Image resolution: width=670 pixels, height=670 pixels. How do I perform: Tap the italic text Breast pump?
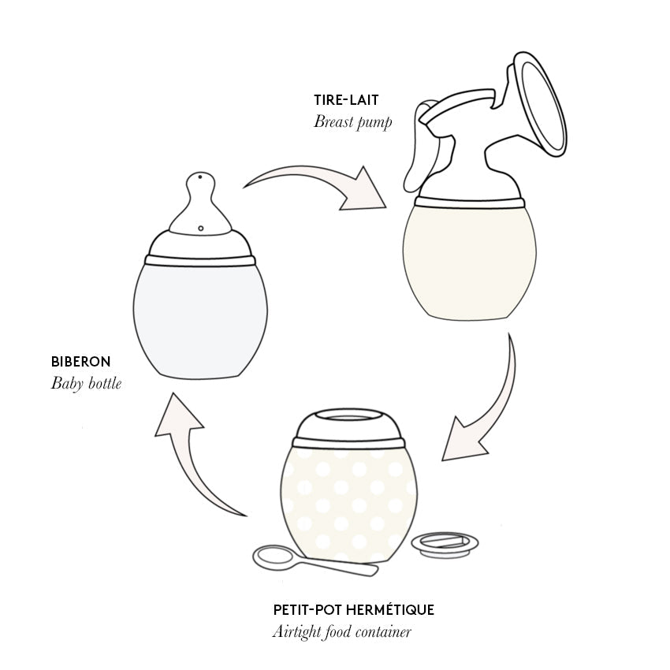(352, 122)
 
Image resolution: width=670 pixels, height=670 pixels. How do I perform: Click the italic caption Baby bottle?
(87, 384)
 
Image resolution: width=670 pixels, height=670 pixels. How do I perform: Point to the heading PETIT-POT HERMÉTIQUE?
(353, 609)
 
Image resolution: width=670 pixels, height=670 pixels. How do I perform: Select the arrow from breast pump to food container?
(480, 410)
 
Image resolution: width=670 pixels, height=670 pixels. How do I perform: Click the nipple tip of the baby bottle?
(201, 181)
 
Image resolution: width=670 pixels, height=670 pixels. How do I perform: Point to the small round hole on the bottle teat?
(201, 229)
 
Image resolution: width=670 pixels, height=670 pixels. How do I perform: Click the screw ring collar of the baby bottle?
(200, 259)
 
